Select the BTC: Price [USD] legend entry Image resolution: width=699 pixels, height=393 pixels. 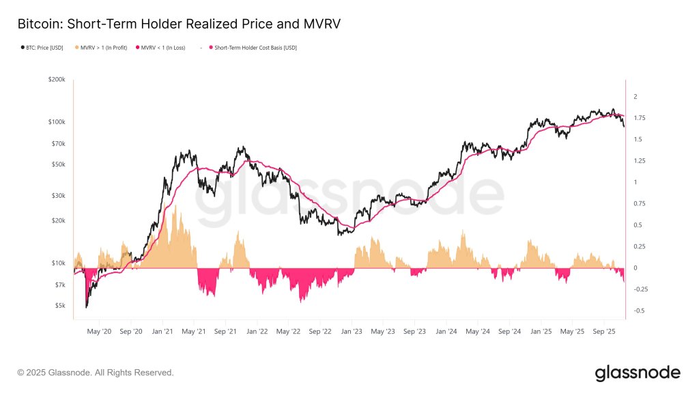[x=42, y=48]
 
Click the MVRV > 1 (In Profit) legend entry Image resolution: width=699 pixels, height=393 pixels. [x=104, y=48]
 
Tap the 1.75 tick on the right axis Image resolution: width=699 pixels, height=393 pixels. [x=639, y=118]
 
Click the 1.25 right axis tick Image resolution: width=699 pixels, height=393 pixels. [x=639, y=161]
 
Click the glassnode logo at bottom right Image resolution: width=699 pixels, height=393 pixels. [x=638, y=373]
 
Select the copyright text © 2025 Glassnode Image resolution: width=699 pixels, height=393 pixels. [x=96, y=373]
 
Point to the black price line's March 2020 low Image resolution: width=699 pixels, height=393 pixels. [x=87, y=307]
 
